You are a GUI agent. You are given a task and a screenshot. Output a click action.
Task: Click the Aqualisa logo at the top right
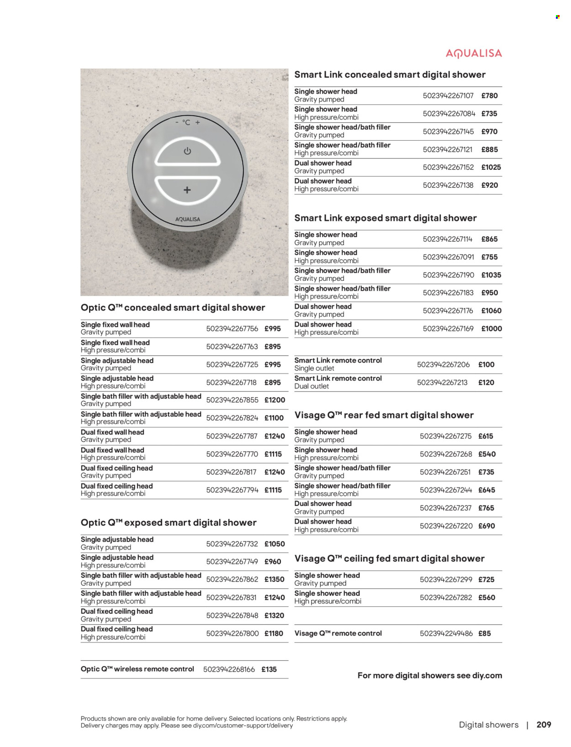(474, 54)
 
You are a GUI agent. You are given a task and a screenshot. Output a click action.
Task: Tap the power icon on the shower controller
(187, 151)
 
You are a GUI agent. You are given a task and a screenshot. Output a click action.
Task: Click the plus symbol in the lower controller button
(187, 190)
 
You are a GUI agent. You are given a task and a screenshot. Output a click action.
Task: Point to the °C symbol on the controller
(186, 122)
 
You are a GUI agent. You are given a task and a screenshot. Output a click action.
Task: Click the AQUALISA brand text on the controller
(188, 219)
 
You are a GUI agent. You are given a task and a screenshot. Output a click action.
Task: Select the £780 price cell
(489, 96)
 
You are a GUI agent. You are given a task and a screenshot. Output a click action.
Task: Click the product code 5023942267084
(449, 114)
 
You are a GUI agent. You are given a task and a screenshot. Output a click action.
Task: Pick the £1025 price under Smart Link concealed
(491, 168)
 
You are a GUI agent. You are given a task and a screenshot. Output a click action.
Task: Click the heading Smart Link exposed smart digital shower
(385, 218)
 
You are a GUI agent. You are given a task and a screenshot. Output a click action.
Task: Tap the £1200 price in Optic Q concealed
(275, 400)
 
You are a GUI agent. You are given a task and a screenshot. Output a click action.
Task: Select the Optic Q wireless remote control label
(137, 669)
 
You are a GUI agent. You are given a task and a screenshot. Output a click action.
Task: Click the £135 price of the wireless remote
(269, 669)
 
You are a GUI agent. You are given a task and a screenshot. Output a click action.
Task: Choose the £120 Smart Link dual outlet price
(486, 383)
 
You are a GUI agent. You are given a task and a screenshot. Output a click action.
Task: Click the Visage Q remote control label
(338, 633)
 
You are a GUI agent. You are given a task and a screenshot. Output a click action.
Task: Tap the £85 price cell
(485, 634)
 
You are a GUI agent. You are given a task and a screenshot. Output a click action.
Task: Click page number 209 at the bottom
(544, 725)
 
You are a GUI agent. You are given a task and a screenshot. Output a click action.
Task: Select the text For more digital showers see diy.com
(429, 676)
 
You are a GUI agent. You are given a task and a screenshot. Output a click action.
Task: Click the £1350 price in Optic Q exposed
(275, 579)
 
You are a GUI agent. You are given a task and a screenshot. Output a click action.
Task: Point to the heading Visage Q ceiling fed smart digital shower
(389, 559)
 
